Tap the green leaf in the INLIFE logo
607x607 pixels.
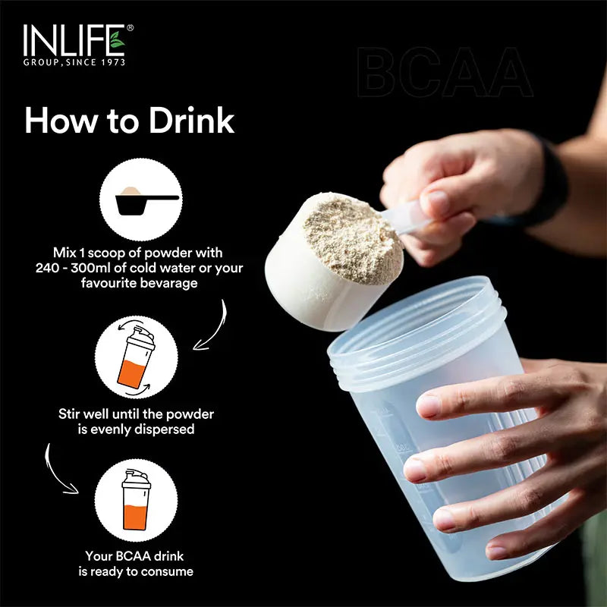pos(116,38)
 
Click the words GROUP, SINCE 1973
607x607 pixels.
pos(74,62)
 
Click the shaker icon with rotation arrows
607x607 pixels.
pos(137,357)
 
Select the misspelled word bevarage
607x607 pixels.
pos(171,284)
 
